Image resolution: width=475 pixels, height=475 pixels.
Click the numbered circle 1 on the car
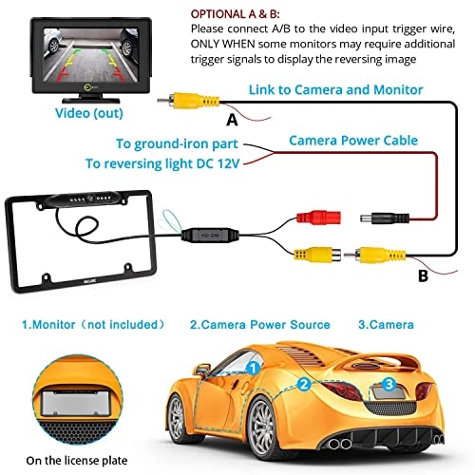(252, 366)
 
